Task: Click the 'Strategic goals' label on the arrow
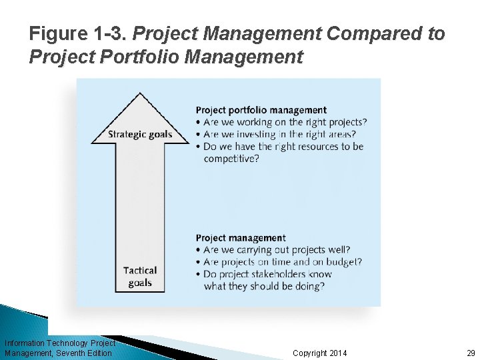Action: click(x=140, y=135)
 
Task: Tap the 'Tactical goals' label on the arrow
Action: click(x=140, y=277)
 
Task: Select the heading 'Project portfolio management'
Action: click(x=261, y=110)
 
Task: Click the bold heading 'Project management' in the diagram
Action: click(x=241, y=238)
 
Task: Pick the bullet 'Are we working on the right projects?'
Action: click(x=285, y=122)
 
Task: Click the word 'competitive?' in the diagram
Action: click(x=231, y=159)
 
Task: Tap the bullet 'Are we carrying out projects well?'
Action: click(x=277, y=250)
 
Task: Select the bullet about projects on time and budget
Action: click(x=283, y=262)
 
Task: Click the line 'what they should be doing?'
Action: click(x=264, y=286)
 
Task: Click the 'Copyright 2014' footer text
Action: click(x=320, y=353)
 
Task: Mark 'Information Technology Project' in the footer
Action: click(x=59, y=343)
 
